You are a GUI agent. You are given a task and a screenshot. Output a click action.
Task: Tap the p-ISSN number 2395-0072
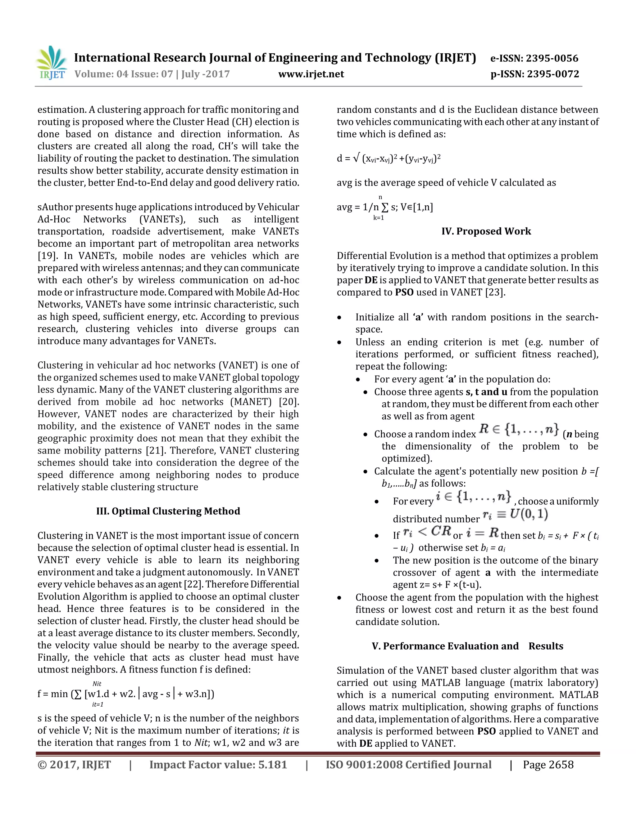[552, 74]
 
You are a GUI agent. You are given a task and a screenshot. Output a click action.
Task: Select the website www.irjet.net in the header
[311, 74]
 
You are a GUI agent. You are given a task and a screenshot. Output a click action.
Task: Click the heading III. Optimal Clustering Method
[168, 511]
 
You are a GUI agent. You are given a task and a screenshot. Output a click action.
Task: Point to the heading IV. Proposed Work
[486, 231]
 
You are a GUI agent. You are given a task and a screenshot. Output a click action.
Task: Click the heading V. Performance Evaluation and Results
[467, 646]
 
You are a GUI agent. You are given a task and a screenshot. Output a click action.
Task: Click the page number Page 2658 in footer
[548, 765]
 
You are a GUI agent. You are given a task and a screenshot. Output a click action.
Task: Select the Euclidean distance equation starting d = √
[388, 159]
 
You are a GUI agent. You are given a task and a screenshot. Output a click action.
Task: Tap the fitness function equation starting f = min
[126, 694]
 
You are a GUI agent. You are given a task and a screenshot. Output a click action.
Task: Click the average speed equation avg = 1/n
[385, 207]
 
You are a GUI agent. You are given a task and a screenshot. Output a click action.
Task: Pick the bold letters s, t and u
[486, 392]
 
